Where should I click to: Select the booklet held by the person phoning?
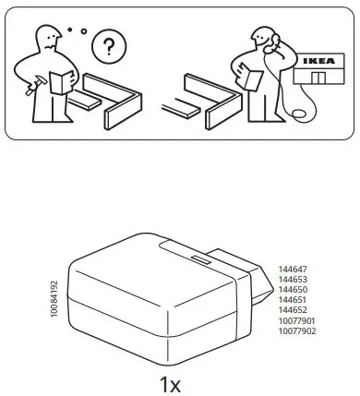point(245,78)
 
